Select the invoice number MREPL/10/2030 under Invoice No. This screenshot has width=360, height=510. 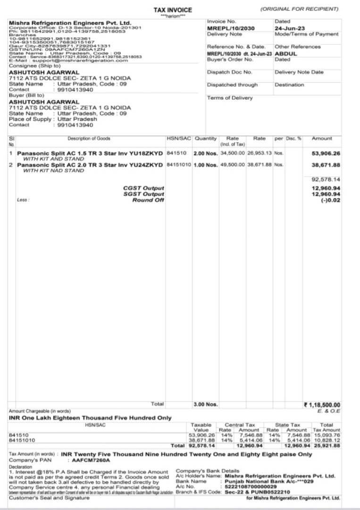click(231, 29)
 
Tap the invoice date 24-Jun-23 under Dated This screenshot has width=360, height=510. click(287, 29)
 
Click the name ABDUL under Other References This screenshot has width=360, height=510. click(286, 53)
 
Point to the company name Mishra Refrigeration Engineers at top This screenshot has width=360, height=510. click(70, 23)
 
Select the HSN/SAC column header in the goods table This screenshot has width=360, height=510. click(178, 138)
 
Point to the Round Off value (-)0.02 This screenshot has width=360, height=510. click(330, 200)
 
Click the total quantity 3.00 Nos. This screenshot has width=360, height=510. click(205, 404)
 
